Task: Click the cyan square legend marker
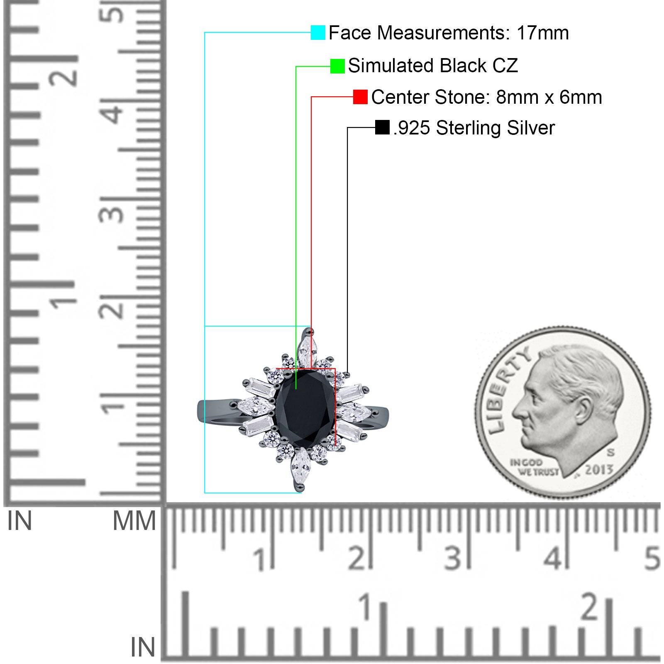(318, 32)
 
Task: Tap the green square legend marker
(337, 66)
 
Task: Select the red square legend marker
(360, 97)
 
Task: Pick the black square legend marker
(382, 127)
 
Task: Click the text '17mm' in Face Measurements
(542, 33)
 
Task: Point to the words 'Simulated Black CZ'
(433, 66)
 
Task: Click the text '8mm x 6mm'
(549, 97)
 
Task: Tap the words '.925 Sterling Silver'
(474, 128)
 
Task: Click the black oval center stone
(305, 409)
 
